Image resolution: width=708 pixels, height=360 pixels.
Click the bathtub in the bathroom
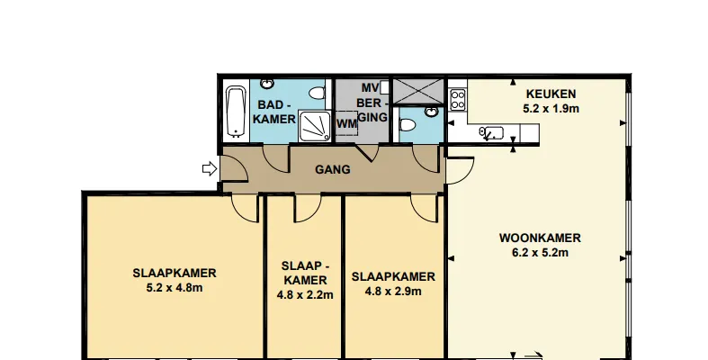pos(236,112)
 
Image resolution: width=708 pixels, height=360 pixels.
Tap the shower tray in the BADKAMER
pos(315,126)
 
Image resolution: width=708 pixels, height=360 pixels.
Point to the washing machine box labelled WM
pos(346,123)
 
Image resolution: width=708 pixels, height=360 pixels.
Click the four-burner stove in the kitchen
pos(458,99)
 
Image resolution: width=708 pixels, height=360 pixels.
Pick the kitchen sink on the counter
pos(491,133)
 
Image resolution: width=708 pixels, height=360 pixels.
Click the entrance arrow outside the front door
pos(210,169)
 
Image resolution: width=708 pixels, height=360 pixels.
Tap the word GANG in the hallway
pos(332,170)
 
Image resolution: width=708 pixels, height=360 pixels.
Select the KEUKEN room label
pos(551,94)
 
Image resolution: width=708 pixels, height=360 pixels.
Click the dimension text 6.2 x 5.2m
pos(540,253)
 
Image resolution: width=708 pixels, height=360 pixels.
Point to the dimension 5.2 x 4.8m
pos(175,288)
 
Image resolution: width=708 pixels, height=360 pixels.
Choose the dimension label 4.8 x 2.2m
pos(305,295)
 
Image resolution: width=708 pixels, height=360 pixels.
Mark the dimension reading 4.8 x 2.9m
pos(393,292)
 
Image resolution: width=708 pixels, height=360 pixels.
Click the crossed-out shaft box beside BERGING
pos(418,91)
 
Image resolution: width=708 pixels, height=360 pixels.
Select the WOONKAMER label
pos(540,238)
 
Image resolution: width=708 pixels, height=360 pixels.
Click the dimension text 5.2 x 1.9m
pos(551,109)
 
